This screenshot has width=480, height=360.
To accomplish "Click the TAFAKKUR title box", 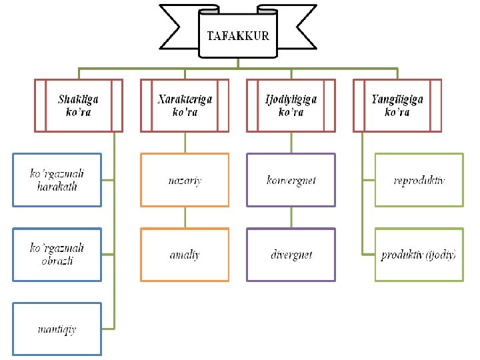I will click(238, 37).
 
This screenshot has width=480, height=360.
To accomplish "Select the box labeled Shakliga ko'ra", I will click(79, 105).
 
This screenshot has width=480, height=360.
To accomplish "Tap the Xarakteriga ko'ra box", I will click(185, 105).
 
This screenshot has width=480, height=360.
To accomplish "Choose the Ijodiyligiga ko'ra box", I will click(291, 105).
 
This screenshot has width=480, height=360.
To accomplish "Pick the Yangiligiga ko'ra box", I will click(397, 105).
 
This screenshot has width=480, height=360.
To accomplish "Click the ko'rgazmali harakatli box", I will click(58, 180).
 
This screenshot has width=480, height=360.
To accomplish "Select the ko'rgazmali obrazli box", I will click(58, 254).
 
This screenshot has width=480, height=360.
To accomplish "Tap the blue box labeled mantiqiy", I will click(58, 329).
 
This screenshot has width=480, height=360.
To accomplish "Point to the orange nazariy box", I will click(185, 180).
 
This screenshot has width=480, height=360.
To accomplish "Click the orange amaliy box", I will click(185, 254).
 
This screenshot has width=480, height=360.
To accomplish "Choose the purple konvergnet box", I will click(291, 180).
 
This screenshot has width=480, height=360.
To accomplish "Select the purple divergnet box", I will click(291, 254).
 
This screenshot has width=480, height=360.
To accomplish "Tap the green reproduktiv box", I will click(419, 180).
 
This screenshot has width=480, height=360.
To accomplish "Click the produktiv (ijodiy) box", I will click(419, 254).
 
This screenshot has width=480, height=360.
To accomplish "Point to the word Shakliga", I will click(79, 99).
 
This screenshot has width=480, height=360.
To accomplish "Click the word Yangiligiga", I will click(397, 99).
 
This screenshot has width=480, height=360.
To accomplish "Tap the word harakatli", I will click(57, 187).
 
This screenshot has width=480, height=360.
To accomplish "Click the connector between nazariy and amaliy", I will click(185, 217).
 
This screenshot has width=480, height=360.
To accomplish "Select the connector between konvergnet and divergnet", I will click(291, 217).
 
